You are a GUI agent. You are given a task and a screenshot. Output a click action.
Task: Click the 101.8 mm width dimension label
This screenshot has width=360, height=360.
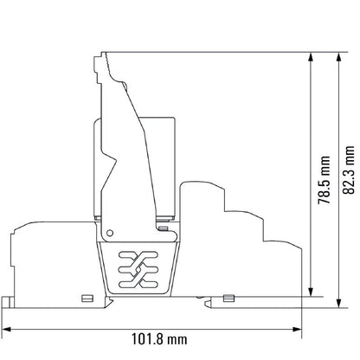(x=159, y=339)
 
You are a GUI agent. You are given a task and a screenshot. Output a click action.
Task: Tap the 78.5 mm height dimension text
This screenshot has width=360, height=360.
(x=324, y=180)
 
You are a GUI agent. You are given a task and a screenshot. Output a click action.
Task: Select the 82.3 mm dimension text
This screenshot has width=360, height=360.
(x=349, y=170)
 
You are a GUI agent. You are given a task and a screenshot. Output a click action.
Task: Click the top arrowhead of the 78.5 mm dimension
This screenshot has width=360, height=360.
(x=311, y=57)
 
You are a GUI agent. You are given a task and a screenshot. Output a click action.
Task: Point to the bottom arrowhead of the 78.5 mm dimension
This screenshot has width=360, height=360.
(x=311, y=292)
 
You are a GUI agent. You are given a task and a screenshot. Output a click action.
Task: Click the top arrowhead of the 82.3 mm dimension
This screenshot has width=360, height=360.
(x=339, y=57)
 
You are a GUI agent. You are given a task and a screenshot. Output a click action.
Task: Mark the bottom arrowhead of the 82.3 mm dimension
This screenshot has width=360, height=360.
(x=339, y=303)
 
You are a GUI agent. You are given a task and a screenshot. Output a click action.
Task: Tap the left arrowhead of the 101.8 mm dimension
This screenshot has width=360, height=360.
(x=6, y=330)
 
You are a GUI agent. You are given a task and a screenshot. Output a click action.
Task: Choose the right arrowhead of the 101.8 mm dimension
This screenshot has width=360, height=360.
(x=297, y=330)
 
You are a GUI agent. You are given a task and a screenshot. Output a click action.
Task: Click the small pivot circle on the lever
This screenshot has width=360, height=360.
(x=110, y=233)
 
